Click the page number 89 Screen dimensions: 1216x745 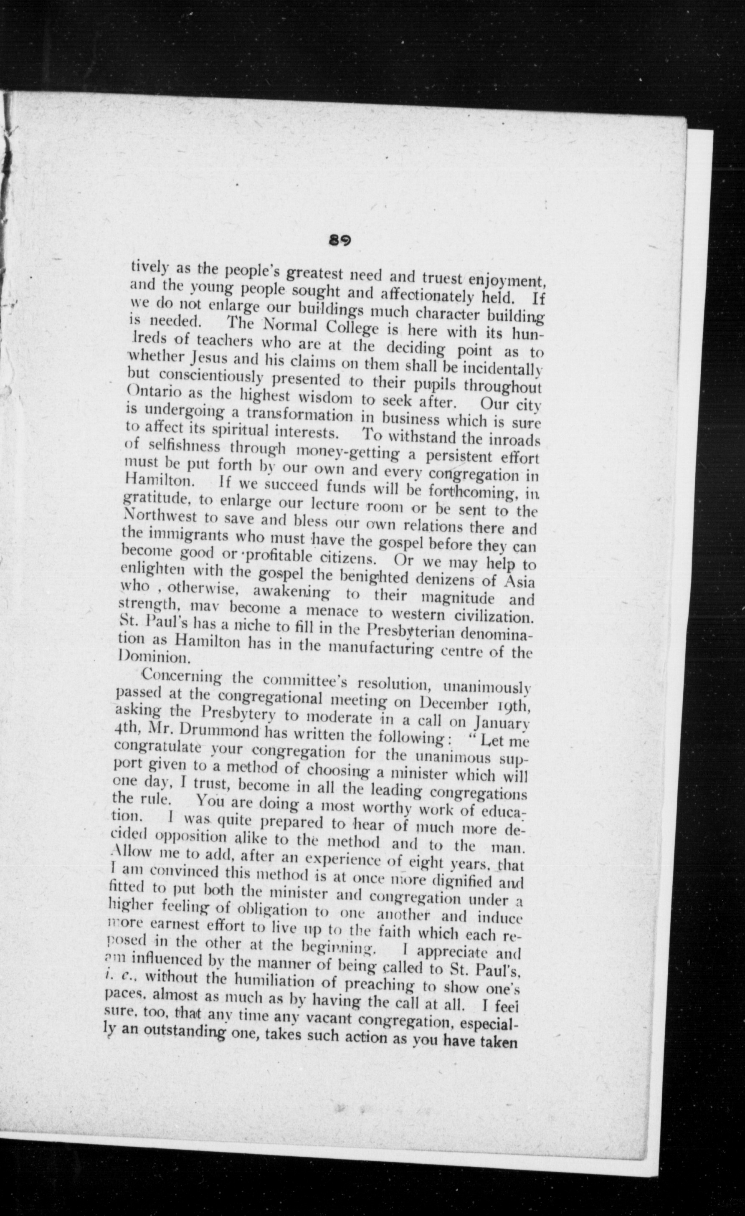[x=340, y=241]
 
